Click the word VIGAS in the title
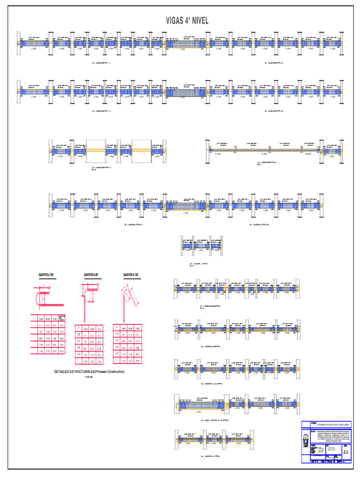176,21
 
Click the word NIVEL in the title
198,21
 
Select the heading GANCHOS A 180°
44,275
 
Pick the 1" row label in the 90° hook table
78,361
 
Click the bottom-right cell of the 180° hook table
62,351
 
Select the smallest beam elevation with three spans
201,246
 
